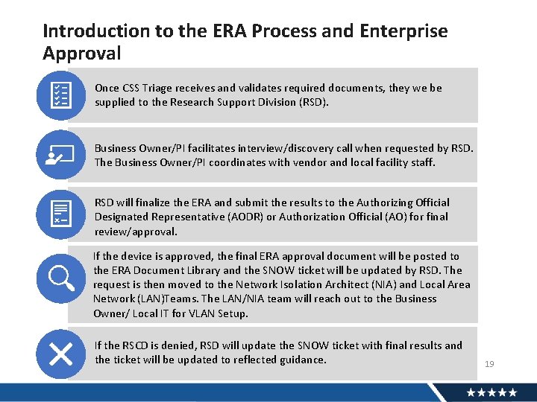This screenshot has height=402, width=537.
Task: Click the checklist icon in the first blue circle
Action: (x=60, y=95)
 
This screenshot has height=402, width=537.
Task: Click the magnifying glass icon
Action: (x=60, y=278)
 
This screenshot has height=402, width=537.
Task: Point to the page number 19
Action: (x=489, y=364)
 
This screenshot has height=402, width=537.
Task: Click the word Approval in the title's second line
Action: (x=81, y=54)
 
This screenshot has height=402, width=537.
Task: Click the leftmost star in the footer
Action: (x=471, y=392)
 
